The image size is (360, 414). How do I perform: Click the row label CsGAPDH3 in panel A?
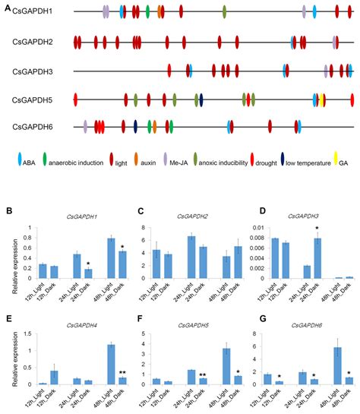pyautogui.click(x=33, y=71)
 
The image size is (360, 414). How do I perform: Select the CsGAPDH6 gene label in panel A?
pyautogui.click(x=33, y=126)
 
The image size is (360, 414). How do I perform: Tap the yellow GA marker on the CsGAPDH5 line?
pyautogui.click(x=323, y=99)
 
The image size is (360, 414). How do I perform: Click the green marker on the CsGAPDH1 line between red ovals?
pyautogui.click(x=147, y=12)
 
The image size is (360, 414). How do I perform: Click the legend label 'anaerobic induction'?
pyautogui.click(x=77, y=160)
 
